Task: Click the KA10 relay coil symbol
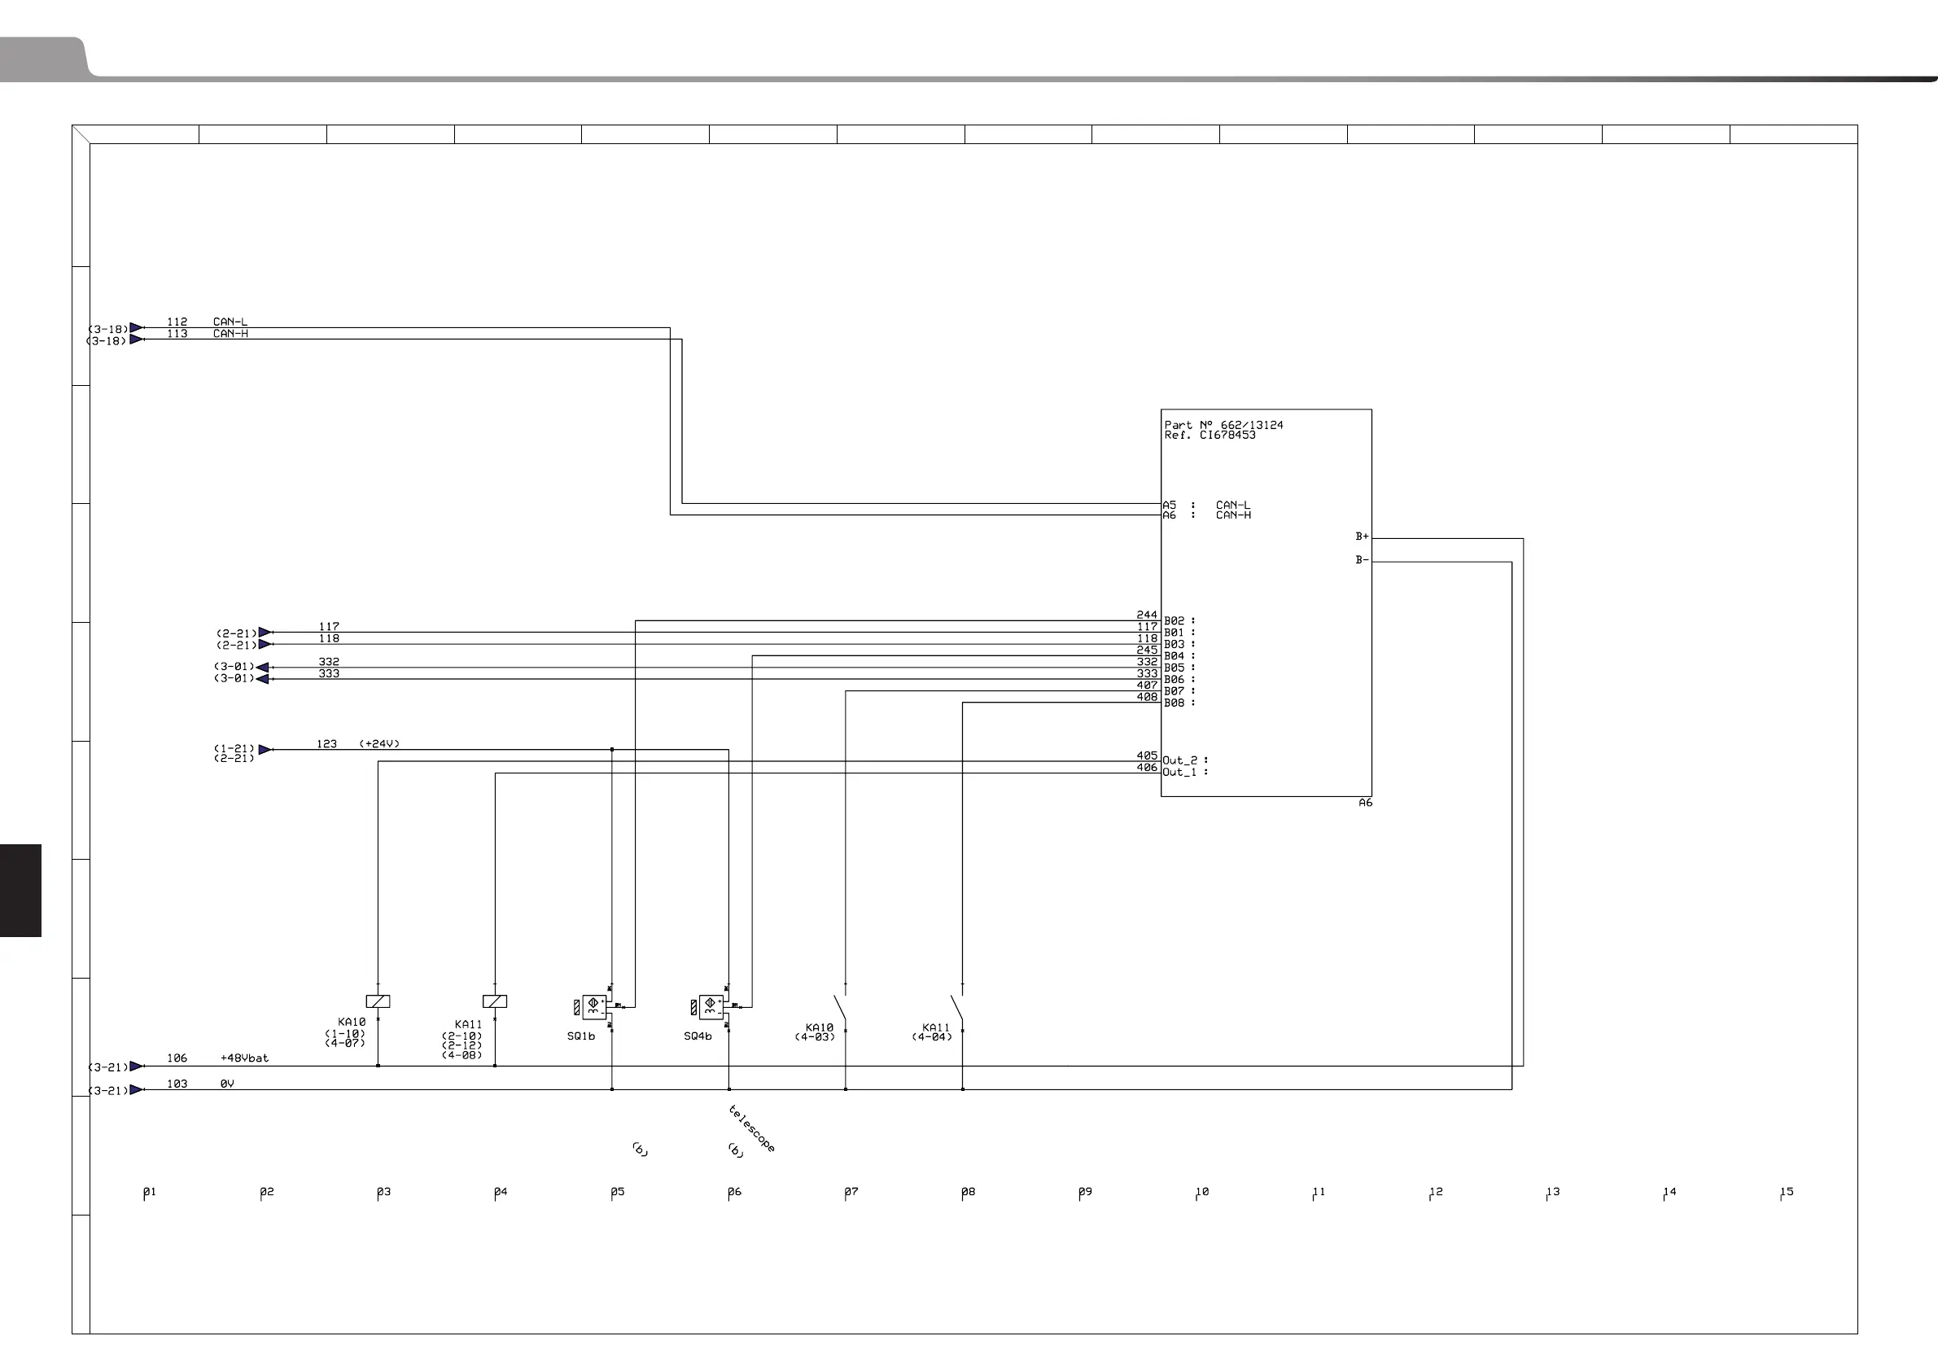click(x=378, y=1001)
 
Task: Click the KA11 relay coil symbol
click(x=495, y=1001)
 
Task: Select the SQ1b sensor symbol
click(x=593, y=1006)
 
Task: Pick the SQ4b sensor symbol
click(x=711, y=1006)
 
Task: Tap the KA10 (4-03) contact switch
click(x=842, y=1008)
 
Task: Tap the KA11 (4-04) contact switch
click(x=958, y=1008)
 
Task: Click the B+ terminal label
click(x=1362, y=537)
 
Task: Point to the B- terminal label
click(x=1362, y=559)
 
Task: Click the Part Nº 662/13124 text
click(x=1223, y=425)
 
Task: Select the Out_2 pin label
click(x=1180, y=760)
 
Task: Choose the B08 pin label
click(x=1174, y=703)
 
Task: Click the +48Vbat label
click(x=244, y=1058)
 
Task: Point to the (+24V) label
click(x=379, y=744)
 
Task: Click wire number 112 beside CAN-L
click(x=177, y=322)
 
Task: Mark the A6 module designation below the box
click(x=1365, y=803)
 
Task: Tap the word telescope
click(x=751, y=1128)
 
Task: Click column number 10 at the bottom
click(x=1202, y=1192)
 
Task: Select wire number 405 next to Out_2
click(x=1146, y=756)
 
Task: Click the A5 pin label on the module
click(x=1169, y=505)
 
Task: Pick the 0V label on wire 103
click(x=227, y=1084)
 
